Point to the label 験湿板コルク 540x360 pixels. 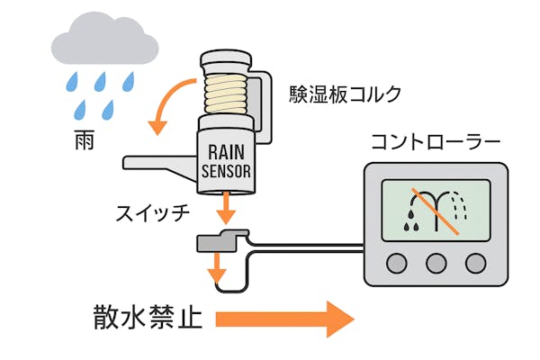click(345, 94)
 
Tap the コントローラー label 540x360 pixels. click(436, 142)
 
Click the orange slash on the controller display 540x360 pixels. click(436, 211)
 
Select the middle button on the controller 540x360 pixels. click(436, 263)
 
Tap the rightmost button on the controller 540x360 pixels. click(475, 263)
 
